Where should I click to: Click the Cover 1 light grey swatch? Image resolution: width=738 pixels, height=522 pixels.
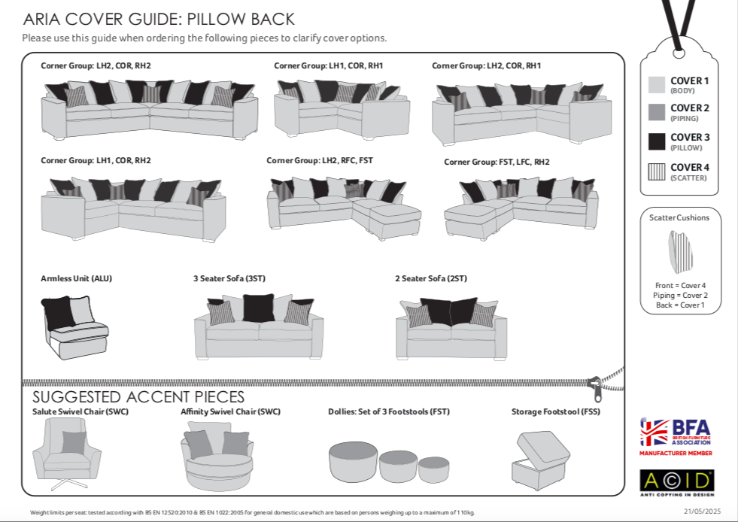click(657, 84)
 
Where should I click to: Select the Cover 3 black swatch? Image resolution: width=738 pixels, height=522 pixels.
click(657, 141)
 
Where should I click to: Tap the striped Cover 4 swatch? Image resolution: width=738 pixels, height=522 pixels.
click(657, 171)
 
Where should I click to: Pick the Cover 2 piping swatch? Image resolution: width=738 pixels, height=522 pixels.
click(657, 112)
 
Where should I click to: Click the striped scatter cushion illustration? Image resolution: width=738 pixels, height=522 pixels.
click(679, 252)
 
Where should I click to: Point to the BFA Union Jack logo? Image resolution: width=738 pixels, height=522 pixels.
click(654, 432)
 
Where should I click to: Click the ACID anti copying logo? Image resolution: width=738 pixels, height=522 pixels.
click(676, 481)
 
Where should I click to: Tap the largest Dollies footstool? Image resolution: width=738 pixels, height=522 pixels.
click(354, 461)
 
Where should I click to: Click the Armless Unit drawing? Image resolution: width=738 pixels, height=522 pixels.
click(74, 321)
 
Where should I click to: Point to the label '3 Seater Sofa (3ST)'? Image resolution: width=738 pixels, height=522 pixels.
click(229, 278)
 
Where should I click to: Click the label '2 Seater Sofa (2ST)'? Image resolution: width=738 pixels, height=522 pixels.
click(430, 278)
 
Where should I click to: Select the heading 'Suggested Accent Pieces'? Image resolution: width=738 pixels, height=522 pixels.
click(138, 397)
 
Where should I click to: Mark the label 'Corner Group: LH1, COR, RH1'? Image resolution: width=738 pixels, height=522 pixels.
click(328, 65)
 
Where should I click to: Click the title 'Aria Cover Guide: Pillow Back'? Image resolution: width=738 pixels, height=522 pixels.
click(159, 20)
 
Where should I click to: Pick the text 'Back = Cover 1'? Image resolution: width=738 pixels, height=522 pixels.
click(680, 305)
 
